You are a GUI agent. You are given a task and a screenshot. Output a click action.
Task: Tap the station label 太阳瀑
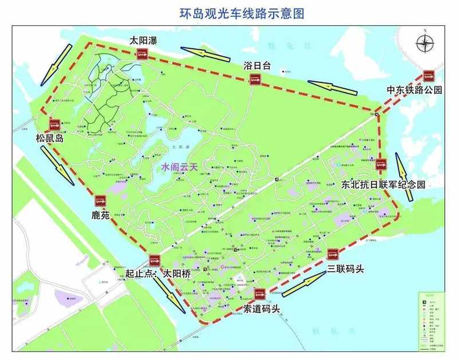(x=143, y=41)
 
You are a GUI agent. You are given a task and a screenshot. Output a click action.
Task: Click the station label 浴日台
(x=256, y=65)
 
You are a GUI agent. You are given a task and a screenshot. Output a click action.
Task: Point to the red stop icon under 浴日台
(x=256, y=79)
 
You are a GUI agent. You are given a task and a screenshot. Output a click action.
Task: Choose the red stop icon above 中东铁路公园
(x=428, y=76)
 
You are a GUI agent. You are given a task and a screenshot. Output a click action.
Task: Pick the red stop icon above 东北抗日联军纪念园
(x=381, y=163)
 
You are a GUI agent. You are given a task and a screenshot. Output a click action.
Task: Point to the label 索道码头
(x=262, y=310)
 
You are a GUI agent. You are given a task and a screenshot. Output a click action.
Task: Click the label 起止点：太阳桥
(x=158, y=274)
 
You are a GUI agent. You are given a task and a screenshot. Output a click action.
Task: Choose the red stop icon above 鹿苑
(x=101, y=200)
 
